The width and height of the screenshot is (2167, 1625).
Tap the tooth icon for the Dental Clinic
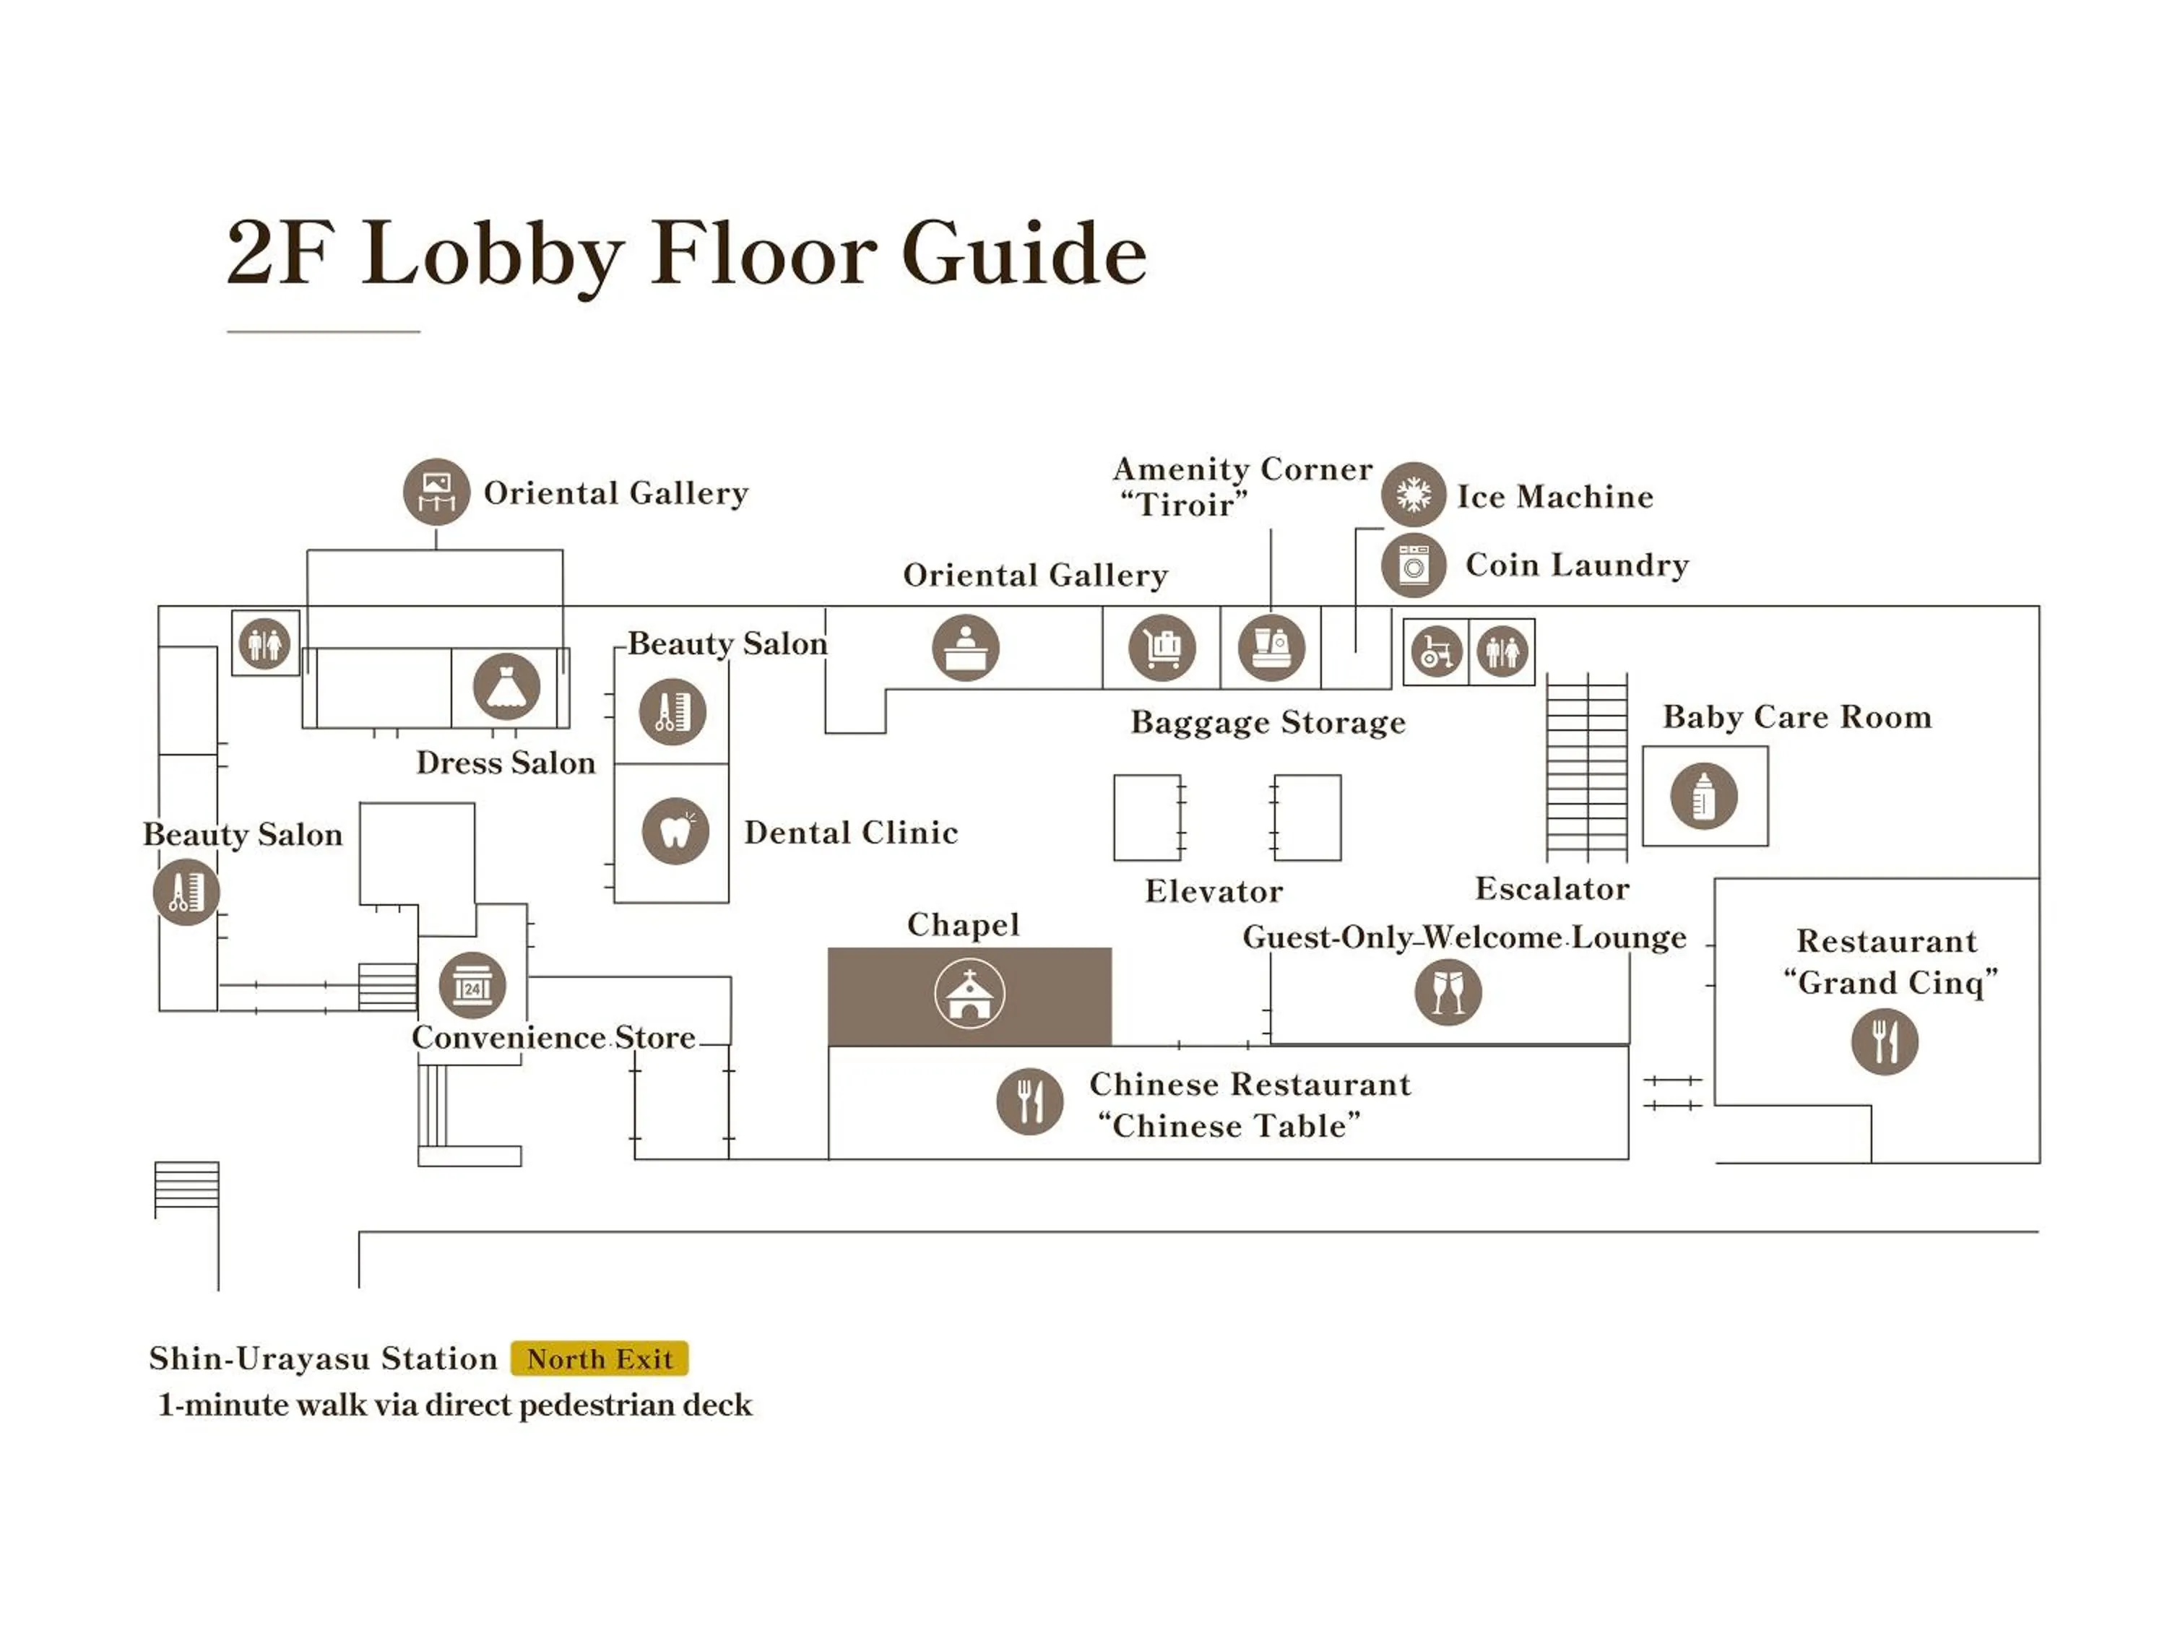[x=675, y=831]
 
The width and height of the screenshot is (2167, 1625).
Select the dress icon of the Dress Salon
[x=506, y=685]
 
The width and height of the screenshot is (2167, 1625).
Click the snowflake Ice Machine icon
[x=1413, y=495]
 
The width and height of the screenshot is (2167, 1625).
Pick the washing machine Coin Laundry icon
[x=1413, y=565]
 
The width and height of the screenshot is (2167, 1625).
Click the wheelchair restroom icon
[x=1436, y=651]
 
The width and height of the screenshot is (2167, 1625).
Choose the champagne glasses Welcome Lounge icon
[x=1448, y=992]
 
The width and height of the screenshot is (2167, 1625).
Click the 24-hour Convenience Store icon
[x=472, y=984]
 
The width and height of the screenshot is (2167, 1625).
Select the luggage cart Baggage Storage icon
[x=1162, y=647]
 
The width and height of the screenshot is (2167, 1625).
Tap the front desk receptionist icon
[x=965, y=647]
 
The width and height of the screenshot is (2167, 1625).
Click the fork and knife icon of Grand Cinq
[x=1884, y=1041]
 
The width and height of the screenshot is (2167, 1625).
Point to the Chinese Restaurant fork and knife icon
[x=1029, y=1101]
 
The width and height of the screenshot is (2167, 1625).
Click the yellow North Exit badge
[x=600, y=1358]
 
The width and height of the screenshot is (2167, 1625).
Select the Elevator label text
[x=1213, y=891]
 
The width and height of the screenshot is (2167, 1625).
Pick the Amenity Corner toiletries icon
[x=1271, y=647]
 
